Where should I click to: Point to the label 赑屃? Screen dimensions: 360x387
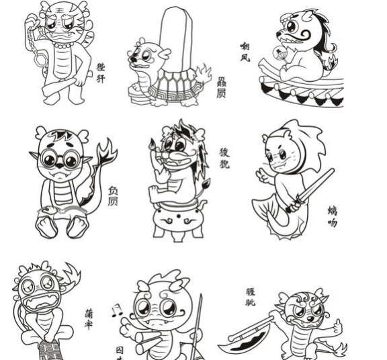(221, 87)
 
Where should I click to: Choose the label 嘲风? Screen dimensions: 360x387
(245, 52)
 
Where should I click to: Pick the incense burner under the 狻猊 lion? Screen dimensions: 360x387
(177, 219)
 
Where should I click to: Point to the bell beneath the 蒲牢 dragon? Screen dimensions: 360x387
(48, 350)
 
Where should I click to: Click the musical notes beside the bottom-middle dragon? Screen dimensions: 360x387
(117, 311)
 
